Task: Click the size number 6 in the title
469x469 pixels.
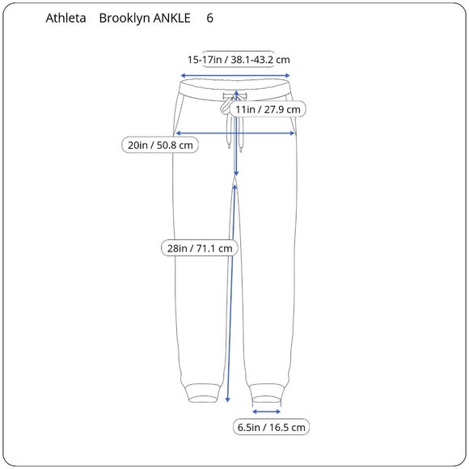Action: (x=210, y=18)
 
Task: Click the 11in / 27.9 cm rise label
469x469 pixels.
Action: (x=268, y=109)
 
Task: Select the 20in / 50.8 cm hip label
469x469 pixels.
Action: (x=161, y=146)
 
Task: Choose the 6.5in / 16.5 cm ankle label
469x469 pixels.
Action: (x=271, y=427)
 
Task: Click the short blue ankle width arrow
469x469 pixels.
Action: (x=267, y=411)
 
